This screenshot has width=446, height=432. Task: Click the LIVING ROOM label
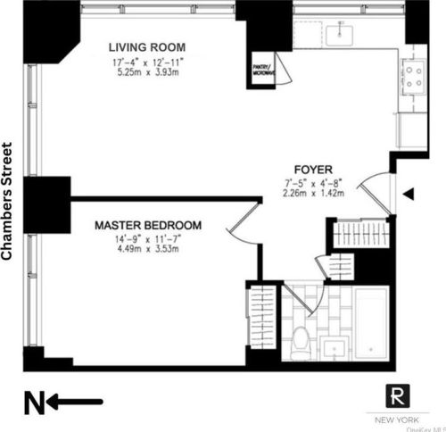coord(148,47)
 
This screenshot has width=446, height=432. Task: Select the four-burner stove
coord(415,77)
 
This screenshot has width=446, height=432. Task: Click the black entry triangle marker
coord(409,194)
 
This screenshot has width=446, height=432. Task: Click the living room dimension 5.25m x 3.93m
coord(147,75)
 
